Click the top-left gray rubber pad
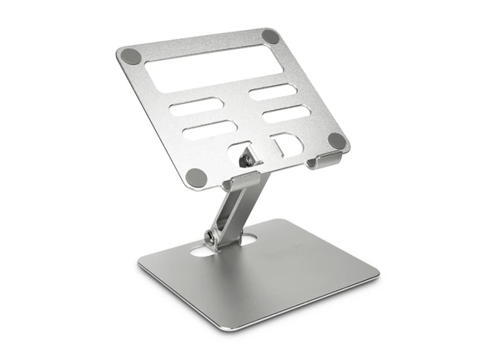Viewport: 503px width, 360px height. point(131,56)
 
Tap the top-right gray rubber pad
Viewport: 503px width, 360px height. point(270,36)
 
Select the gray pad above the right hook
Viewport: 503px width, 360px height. point(336,141)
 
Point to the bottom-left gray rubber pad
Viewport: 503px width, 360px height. point(196,177)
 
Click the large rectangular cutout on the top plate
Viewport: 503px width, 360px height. point(214,68)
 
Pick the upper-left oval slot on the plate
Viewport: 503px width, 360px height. point(196,107)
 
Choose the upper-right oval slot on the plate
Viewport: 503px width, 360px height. point(272,92)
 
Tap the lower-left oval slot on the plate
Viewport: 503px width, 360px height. point(209,130)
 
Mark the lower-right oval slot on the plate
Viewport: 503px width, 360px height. point(285,114)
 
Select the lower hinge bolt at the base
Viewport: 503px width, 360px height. point(210,237)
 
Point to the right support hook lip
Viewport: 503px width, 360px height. point(324,161)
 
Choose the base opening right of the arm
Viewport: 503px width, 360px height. point(248,239)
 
